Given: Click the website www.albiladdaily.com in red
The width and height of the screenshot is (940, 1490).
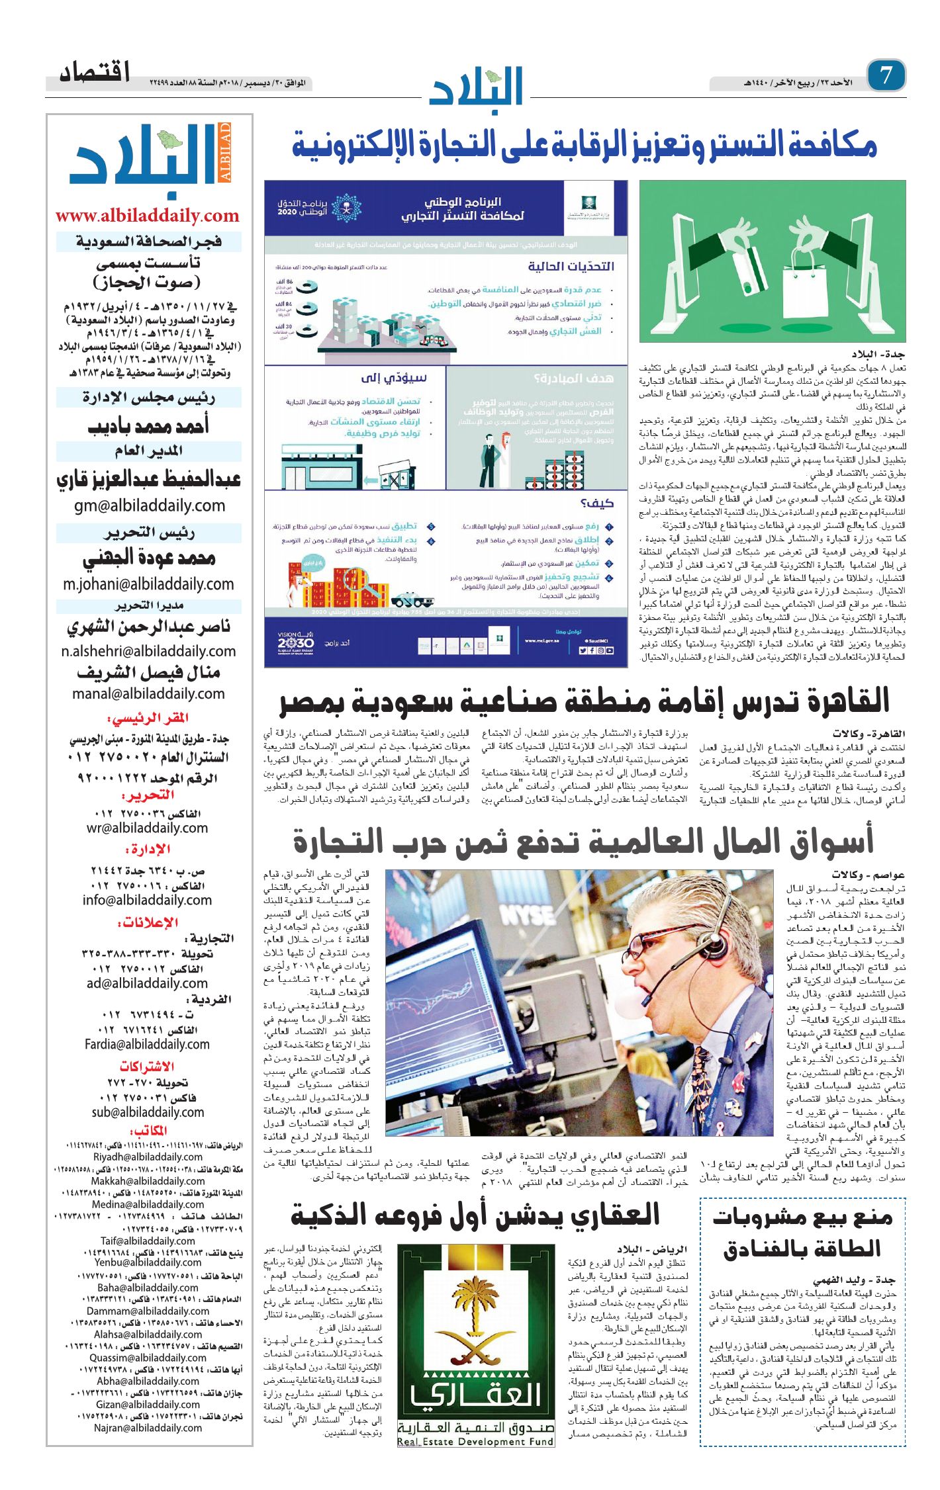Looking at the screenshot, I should pos(147,216).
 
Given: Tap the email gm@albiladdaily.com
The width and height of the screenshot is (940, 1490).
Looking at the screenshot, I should pos(150,505).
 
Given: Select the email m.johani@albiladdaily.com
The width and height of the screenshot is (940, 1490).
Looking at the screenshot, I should pos(149,584).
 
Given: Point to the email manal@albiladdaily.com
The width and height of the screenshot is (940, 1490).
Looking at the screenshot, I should pos(149,693).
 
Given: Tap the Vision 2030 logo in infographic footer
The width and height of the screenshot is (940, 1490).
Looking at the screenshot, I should pos(296,641).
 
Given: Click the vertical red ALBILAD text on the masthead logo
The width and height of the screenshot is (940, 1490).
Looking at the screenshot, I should pos(225,152).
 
